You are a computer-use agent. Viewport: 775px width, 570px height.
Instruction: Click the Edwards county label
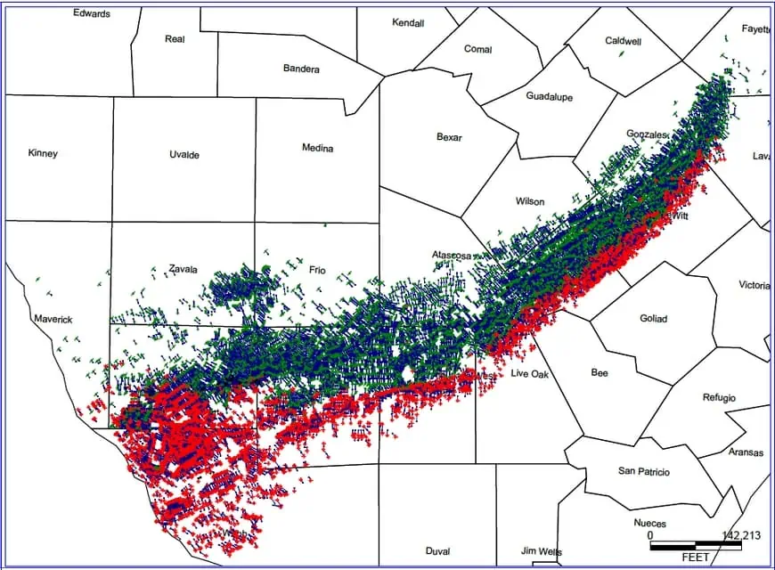[x=92, y=13]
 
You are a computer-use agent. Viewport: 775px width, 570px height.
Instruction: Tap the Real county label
[x=175, y=39]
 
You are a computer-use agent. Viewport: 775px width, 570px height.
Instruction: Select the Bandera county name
[x=301, y=69]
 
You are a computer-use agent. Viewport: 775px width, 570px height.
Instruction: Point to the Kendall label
[x=408, y=23]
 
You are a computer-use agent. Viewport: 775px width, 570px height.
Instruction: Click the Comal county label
[x=477, y=49]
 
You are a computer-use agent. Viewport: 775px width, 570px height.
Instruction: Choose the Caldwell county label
[x=623, y=41]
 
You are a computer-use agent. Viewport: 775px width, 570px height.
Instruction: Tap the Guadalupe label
[x=549, y=96]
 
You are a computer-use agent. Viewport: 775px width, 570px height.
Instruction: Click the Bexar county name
[x=450, y=137]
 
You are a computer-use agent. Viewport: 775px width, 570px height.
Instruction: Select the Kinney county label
[x=43, y=153]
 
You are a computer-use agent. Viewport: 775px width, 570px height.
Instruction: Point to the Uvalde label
[x=184, y=155]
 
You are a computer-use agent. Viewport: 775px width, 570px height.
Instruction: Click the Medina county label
[x=317, y=148]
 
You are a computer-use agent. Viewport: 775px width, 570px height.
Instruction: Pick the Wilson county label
[x=530, y=201]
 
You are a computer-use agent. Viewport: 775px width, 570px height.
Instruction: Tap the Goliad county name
[x=653, y=319]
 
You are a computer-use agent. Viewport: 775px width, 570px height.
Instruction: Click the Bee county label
[x=600, y=373]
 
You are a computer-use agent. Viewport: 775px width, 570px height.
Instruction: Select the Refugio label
[x=719, y=397]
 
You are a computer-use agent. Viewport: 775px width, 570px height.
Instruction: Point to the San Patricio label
[x=643, y=471]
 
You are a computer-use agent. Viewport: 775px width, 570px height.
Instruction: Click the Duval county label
[x=437, y=551]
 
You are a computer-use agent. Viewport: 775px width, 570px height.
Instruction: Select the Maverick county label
[x=53, y=319]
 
